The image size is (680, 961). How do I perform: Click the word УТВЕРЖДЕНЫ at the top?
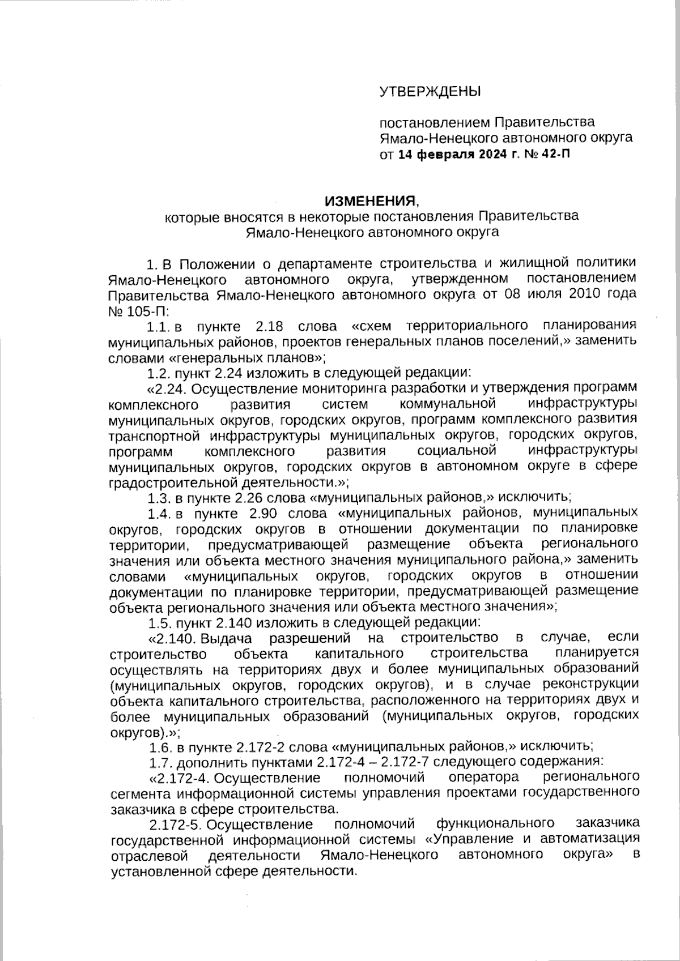click(x=430, y=91)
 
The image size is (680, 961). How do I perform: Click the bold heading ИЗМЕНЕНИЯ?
click(x=370, y=201)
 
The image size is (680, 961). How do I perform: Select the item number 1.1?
click(x=158, y=327)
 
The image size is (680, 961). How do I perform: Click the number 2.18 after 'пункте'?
click(x=269, y=327)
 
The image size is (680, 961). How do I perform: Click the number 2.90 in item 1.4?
click(x=264, y=514)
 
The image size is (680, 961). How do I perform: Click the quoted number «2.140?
click(x=172, y=639)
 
